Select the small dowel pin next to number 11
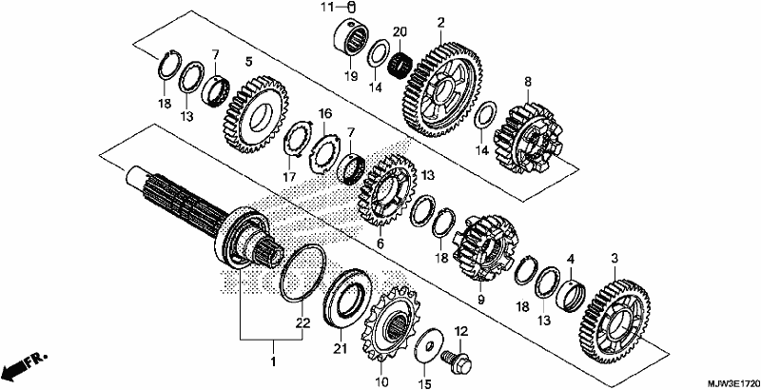pos(353,8)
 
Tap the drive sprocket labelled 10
pos(390,325)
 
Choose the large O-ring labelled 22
pos(302,273)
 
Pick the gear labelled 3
pos(615,322)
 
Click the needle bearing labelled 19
pos(351,43)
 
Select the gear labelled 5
pos(257,114)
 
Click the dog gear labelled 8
pos(528,138)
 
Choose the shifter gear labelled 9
pos(485,248)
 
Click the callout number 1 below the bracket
pos(273,361)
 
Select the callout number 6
pos(380,244)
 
